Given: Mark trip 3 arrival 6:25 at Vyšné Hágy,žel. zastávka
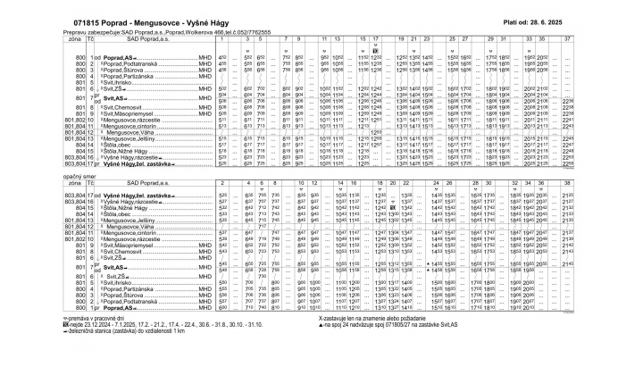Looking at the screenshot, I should [x=237, y=165].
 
